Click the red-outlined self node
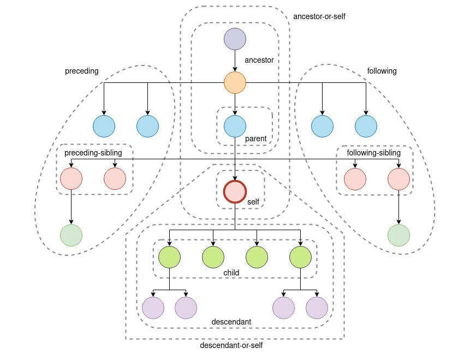tap(235, 191)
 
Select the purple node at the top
tap(235, 39)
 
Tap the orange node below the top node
tap(235, 82)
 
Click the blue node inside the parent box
tap(235, 126)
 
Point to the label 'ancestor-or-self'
tap(319, 16)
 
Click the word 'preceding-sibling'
tap(93, 153)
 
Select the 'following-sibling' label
tap(374, 153)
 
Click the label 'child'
tap(231, 273)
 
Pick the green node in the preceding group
tap(71, 235)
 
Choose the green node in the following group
tap(398, 235)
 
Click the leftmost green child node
tap(169, 257)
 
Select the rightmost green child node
tap(300, 257)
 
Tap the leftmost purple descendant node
tap(153, 308)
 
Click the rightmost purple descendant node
tap(317, 308)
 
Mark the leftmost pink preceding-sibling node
tap(71, 178)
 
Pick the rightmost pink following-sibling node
tap(398, 178)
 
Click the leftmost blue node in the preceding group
tap(104, 126)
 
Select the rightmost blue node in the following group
tap(366, 126)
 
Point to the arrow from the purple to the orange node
tap(235, 61)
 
